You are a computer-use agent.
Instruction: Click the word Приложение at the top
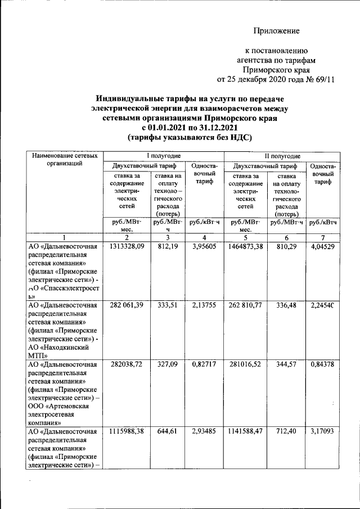277,30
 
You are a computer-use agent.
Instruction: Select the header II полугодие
282,156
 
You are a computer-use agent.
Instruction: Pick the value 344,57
286,364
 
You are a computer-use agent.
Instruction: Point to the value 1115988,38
127,431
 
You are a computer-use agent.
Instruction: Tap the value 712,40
286,431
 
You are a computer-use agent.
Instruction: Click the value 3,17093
323,431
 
